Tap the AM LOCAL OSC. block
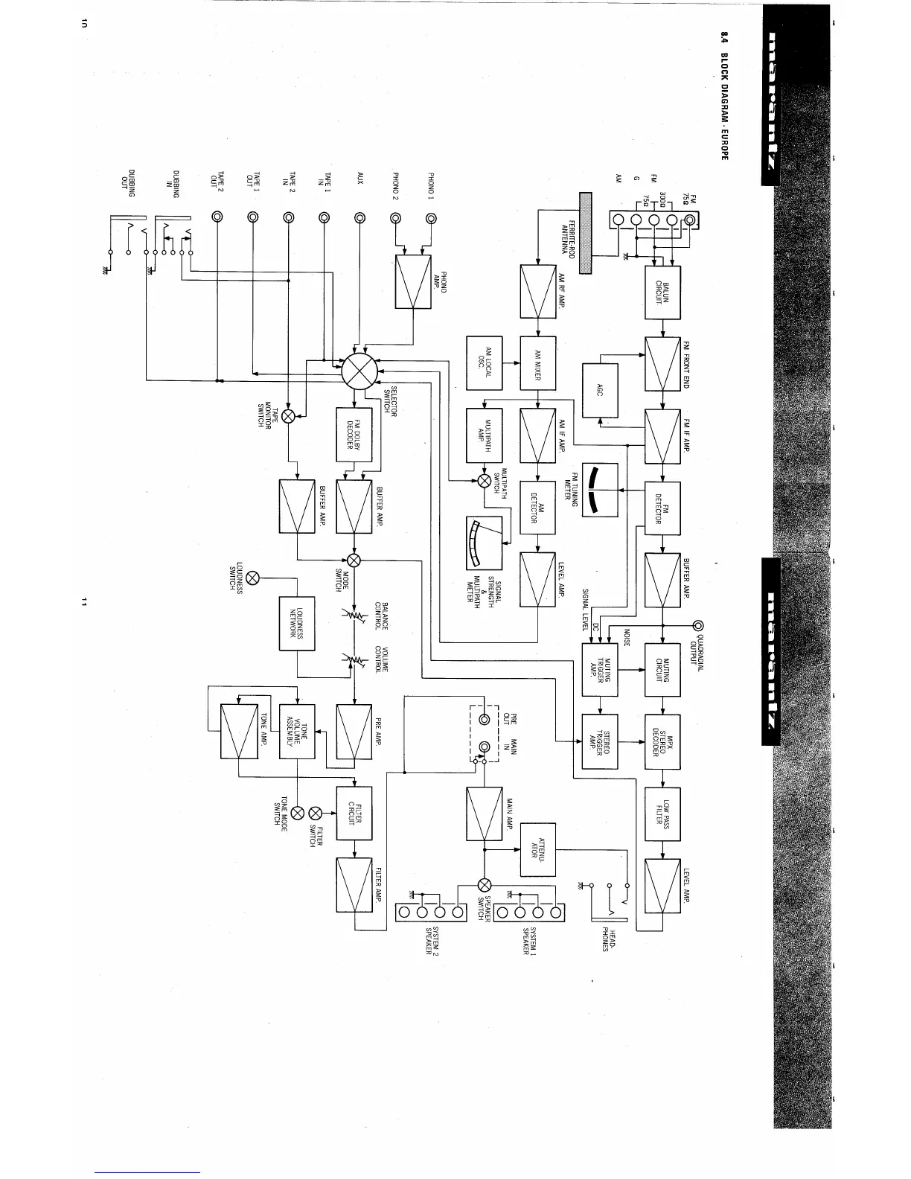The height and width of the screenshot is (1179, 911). pos(484,363)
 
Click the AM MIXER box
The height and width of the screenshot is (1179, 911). pos(537,363)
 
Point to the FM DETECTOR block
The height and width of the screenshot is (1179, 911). pos(662,509)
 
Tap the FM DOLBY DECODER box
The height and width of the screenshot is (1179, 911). pos(354,435)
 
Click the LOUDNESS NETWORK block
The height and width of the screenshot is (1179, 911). pos(297,624)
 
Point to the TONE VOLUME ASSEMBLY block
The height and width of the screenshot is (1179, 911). pos(297,732)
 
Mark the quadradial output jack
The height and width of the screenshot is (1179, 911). pos(698,625)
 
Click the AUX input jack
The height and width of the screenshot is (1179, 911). pos(360,218)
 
